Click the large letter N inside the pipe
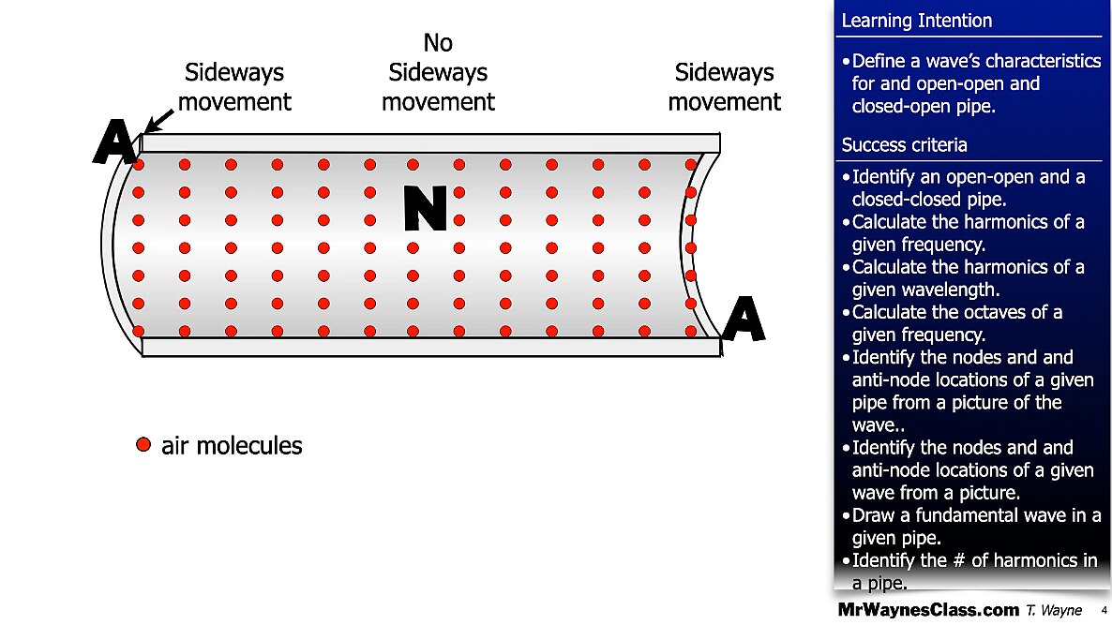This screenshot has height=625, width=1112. point(426,208)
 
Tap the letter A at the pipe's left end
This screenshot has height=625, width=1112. point(115,141)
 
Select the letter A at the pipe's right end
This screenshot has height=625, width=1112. point(743,319)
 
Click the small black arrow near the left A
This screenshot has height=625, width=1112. point(158,121)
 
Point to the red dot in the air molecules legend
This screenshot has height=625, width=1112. point(143,445)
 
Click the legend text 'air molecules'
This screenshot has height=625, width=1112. point(232,446)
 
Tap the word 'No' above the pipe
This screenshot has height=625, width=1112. point(438,43)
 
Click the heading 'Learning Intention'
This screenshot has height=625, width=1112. point(916,21)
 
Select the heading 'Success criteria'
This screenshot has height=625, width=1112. point(904,145)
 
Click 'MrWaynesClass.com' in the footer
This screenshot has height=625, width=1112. point(928,609)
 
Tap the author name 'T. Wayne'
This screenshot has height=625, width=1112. point(1054,610)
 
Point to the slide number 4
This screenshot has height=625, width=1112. point(1104,610)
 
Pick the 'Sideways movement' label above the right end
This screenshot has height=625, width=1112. point(724,87)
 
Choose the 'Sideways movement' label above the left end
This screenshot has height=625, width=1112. point(234,87)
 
